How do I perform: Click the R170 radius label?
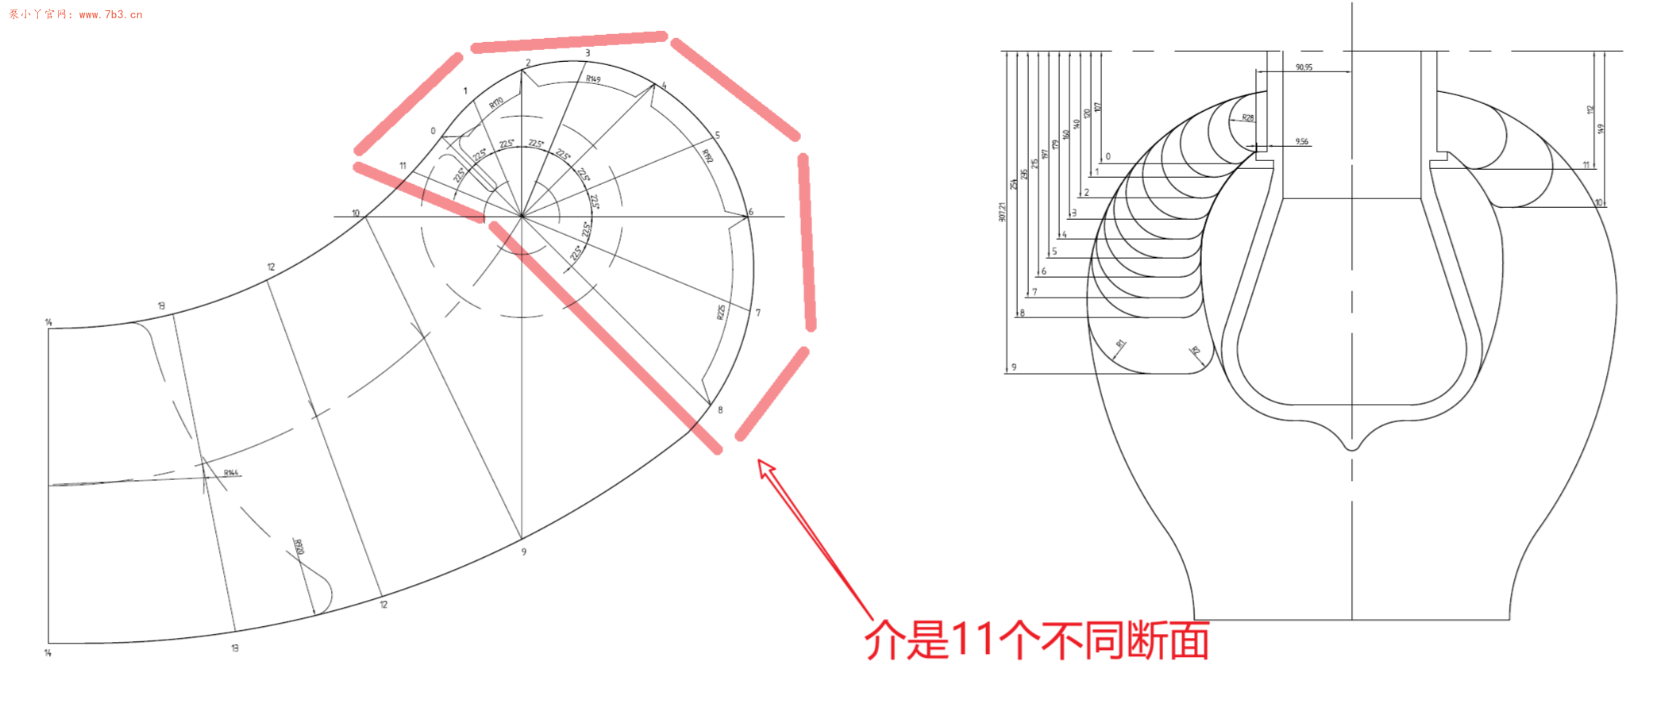point(496,103)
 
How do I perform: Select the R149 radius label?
point(593,79)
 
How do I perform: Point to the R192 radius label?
point(707,156)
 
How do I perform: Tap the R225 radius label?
point(721,312)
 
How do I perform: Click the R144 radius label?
point(231,473)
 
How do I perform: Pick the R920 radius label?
point(299,547)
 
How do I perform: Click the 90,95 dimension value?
point(1304,67)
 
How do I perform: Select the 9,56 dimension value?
point(1302,142)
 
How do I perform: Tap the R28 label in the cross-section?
point(1248,118)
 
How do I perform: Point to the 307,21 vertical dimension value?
point(1002,212)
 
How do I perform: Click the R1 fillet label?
point(1121,344)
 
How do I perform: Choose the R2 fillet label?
point(1195,350)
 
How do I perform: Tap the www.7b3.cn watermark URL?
point(110,14)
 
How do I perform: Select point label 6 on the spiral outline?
point(750,212)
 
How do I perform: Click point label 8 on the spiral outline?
point(720,410)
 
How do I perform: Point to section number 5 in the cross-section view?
point(1054,252)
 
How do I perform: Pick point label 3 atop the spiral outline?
point(588,53)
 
